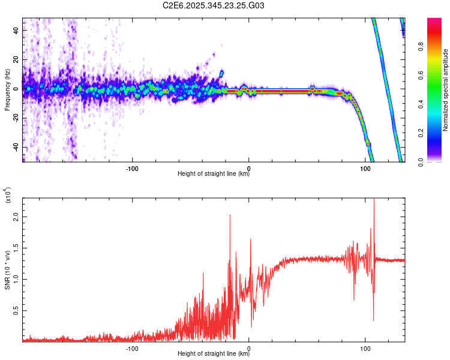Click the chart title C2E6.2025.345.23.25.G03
[x=214, y=5]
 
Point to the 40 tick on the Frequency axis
[x=17, y=31]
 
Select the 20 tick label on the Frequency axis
[x=17, y=59]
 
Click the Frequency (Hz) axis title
[x=7, y=89]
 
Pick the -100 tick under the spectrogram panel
[x=133, y=167]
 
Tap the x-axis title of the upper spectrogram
[x=214, y=174]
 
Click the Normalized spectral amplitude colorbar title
[x=446, y=90]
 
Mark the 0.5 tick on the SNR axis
[x=16, y=310]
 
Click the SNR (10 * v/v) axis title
[x=7, y=269]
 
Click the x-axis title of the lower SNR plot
[x=214, y=354]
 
